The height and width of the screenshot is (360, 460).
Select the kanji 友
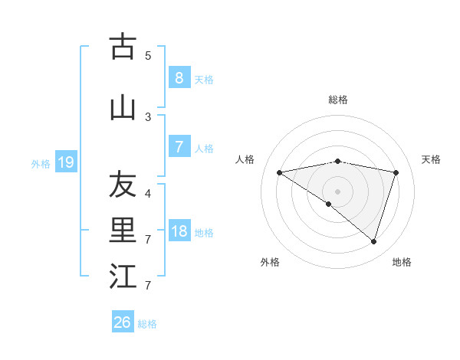click(123, 185)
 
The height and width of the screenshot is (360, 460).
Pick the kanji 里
click(123, 231)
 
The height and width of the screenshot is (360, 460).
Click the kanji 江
click(123, 277)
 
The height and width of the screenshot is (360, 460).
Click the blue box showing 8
click(179, 78)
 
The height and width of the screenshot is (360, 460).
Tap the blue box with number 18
click(179, 231)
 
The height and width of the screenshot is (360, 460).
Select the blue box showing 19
click(65, 162)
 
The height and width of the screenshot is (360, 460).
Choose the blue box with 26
click(123, 322)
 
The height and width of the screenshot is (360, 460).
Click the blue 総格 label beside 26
click(147, 324)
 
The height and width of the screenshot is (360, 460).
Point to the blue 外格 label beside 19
click(41, 163)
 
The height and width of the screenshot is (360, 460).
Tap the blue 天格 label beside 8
click(204, 79)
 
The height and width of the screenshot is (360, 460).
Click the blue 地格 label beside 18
click(204, 232)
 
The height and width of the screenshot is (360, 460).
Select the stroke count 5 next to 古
click(148, 55)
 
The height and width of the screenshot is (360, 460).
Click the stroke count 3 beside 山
click(148, 116)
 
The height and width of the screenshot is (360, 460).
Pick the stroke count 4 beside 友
click(148, 193)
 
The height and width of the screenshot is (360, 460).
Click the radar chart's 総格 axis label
click(338, 100)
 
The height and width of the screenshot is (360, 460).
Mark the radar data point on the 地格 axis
click(373, 242)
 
